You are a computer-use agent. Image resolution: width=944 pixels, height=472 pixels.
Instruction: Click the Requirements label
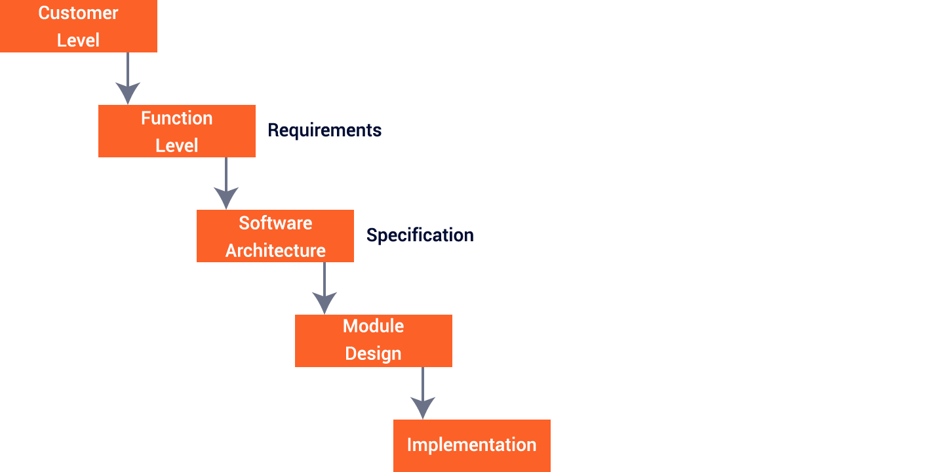(324, 130)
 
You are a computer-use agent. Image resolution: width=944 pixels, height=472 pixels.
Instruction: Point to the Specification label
(420, 235)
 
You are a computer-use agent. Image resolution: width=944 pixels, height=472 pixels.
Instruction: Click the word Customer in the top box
(78, 13)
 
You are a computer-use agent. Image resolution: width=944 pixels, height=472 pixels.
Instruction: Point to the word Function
(176, 118)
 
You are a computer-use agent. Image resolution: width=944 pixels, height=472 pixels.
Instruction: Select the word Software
(275, 223)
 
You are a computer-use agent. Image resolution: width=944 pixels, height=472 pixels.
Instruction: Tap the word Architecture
(275, 250)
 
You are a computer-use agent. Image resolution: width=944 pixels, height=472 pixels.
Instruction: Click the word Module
(373, 326)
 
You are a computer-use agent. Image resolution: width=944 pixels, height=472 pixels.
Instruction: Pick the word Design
(373, 353)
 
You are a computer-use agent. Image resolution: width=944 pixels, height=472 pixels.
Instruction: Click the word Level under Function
(176, 145)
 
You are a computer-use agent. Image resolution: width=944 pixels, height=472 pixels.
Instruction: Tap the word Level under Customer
(78, 40)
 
